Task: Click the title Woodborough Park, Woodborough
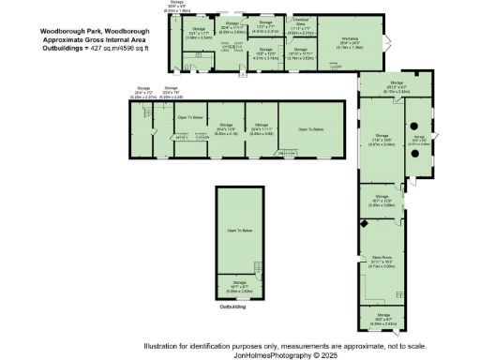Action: pos(92,29)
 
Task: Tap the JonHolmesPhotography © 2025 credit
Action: pos(277,354)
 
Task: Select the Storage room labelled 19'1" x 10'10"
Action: pos(380,202)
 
